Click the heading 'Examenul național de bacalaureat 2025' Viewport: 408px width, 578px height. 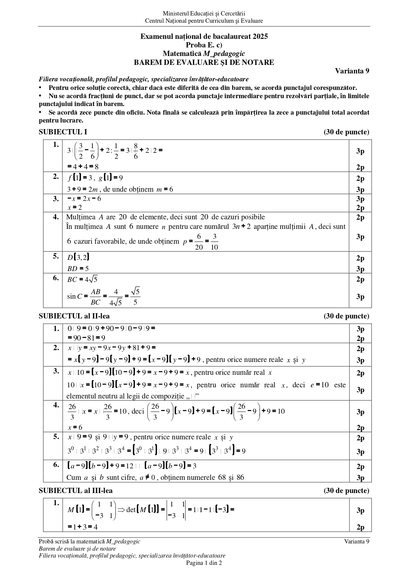(x=204, y=37)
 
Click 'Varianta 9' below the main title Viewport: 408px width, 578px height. (x=352, y=71)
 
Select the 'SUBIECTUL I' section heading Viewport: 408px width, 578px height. (x=63, y=132)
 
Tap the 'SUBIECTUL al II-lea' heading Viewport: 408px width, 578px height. (x=74, y=316)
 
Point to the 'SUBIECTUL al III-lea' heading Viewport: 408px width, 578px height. (x=76, y=491)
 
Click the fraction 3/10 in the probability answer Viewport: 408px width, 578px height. (x=214, y=242)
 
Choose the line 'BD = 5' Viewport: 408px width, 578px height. (x=78, y=269)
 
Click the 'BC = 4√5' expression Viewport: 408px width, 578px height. (x=82, y=280)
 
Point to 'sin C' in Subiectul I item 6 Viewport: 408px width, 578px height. (x=74, y=296)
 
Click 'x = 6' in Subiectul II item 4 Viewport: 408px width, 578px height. (x=75, y=427)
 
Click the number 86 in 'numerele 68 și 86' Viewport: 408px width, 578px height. (x=240, y=477)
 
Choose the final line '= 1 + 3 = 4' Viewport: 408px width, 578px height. (x=83, y=527)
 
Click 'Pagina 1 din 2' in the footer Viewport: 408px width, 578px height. (x=204, y=563)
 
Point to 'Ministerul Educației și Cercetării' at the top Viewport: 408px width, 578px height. (x=204, y=14)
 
